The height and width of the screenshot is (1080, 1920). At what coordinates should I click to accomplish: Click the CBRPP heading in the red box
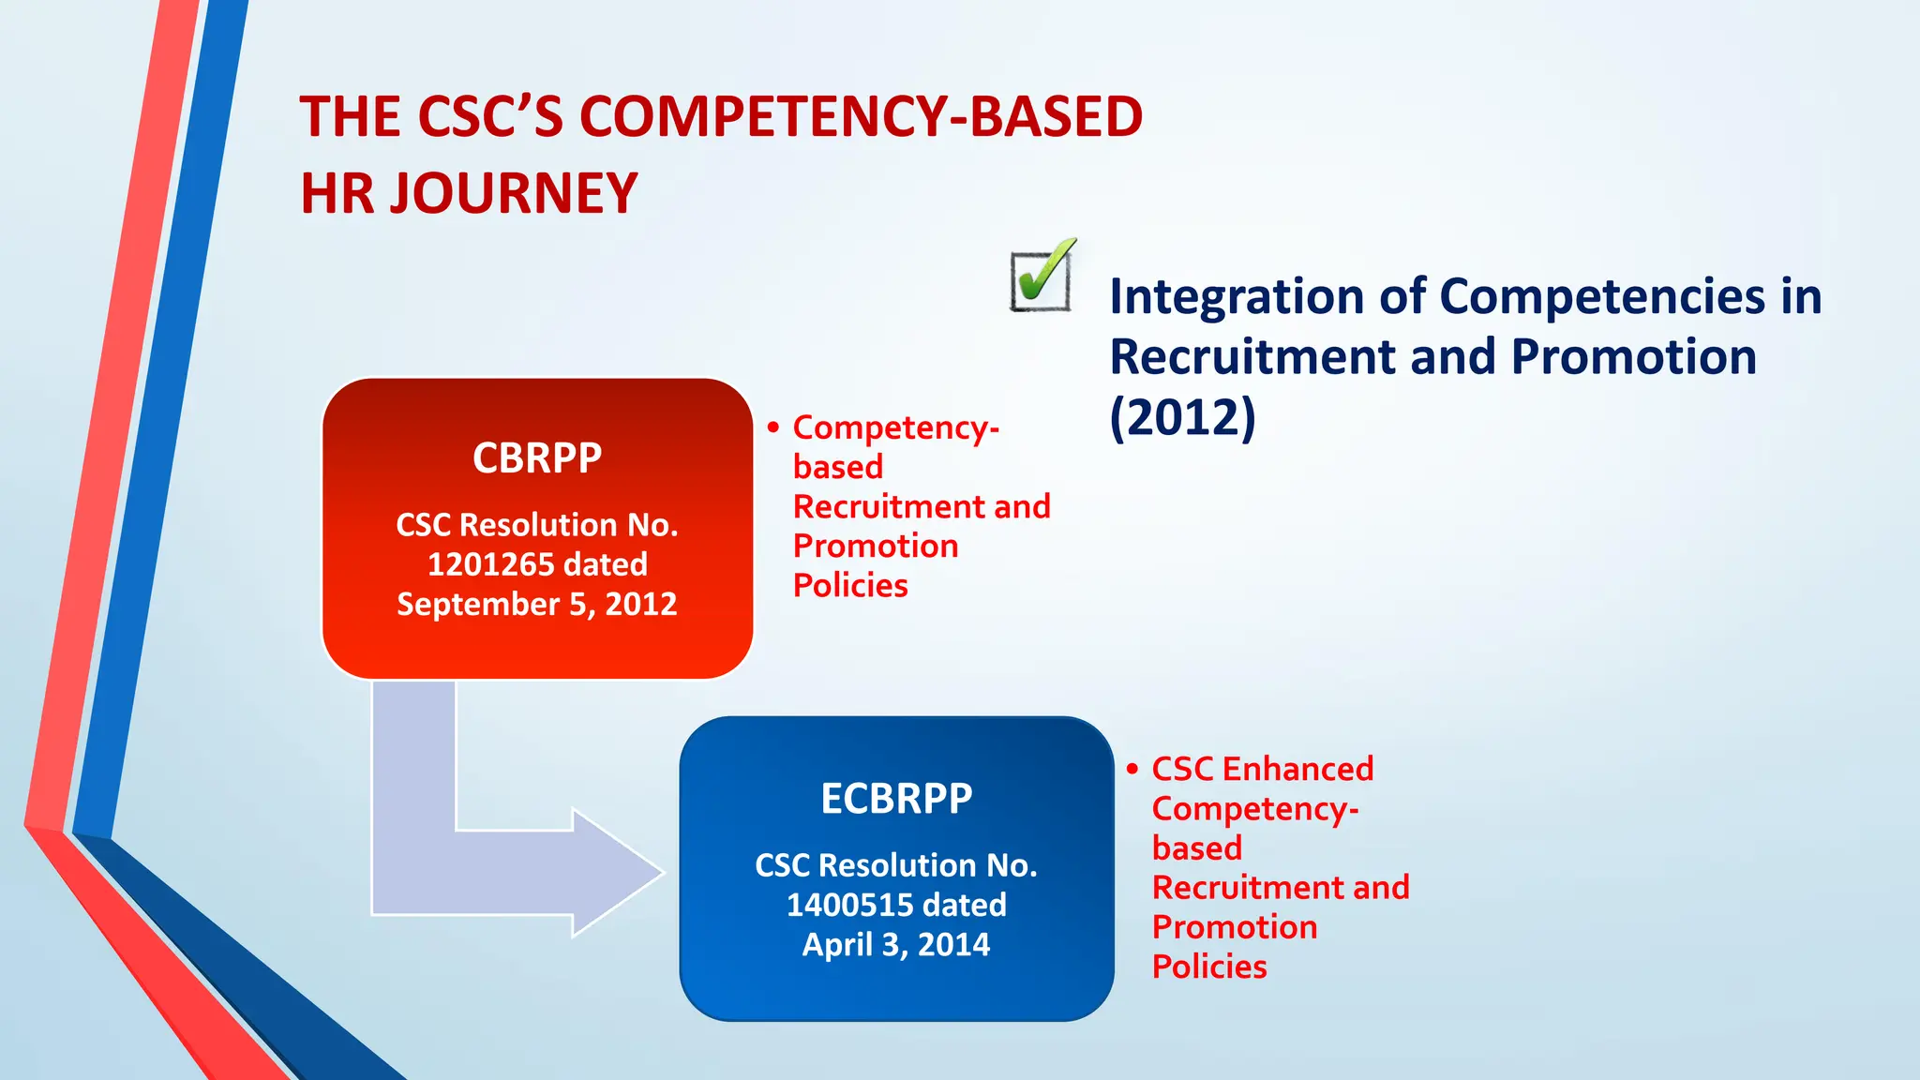pos(537,458)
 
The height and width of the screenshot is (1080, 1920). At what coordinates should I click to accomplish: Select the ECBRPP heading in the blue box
pos(896,799)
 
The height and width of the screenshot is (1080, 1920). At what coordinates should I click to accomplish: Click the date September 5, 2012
pos(537,604)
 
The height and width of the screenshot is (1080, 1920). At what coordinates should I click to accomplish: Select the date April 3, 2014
pos(896,944)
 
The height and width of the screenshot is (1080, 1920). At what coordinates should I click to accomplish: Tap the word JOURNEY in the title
pos(514,194)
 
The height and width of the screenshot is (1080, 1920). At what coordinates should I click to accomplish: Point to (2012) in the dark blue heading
pos(1182,417)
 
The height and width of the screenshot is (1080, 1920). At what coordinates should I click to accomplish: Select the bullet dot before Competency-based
pos(773,428)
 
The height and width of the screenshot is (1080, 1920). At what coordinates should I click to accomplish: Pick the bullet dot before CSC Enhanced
pos(1132,770)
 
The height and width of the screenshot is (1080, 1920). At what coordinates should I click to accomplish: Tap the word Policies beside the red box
pos(850,586)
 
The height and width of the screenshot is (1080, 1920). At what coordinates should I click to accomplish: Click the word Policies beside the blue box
pos(1209,967)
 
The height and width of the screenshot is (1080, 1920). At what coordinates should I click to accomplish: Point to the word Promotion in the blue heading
pos(1633,357)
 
